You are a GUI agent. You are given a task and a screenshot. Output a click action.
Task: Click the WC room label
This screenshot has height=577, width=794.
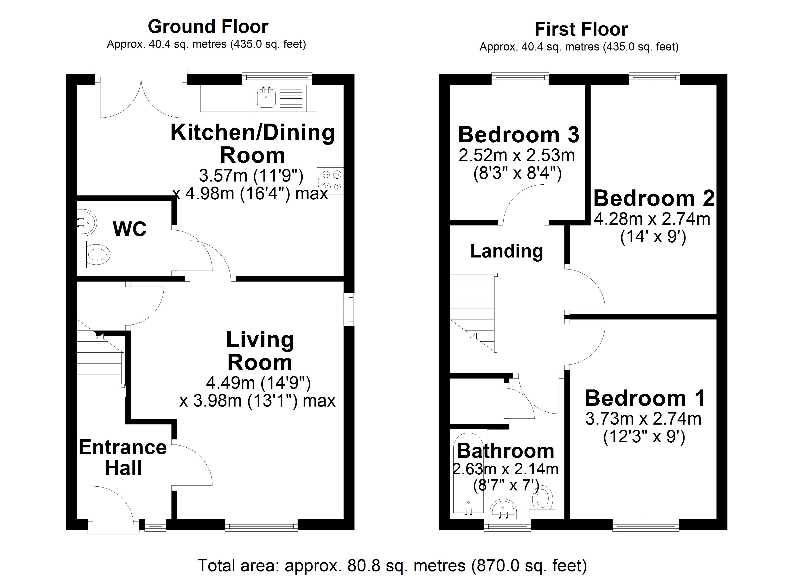tap(129, 229)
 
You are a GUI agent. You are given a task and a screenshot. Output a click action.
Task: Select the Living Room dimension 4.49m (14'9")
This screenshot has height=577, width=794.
tap(258, 383)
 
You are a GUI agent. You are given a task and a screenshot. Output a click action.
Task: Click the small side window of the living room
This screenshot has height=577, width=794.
tap(350, 309)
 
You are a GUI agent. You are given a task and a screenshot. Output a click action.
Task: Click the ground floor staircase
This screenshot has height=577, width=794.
tap(100, 367)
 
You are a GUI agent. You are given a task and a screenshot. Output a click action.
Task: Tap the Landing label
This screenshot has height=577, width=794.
tap(506, 251)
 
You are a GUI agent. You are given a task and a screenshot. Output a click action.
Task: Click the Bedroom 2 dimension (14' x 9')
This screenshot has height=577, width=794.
tap(653, 237)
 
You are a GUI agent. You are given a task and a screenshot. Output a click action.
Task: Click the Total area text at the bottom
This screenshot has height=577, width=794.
tap(392, 565)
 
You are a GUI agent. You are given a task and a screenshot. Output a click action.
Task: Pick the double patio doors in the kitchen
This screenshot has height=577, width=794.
tap(141, 96)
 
